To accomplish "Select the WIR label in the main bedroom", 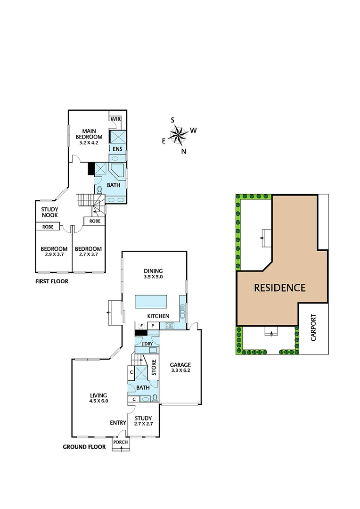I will pyautogui.click(x=116, y=119).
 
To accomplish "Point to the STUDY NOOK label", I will pyautogui.click(x=49, y=212).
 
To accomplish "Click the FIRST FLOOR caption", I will pyautogui.click(x=52, y=281).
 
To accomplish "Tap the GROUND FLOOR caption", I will pyautogui.click(x=84, y=447).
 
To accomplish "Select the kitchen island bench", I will pyautogui.click(x=151, y=300).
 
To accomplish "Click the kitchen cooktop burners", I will pyautogui.click(x=170, y=326).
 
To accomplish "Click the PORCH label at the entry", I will pyautogui.click(x=121, y=442).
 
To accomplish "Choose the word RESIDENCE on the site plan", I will pyautogui.click(x=280, y=287).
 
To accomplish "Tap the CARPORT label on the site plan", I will pyautogui.click(x=314, y=328).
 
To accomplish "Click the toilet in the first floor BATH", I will pyautogui.click(x=99, y=189).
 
